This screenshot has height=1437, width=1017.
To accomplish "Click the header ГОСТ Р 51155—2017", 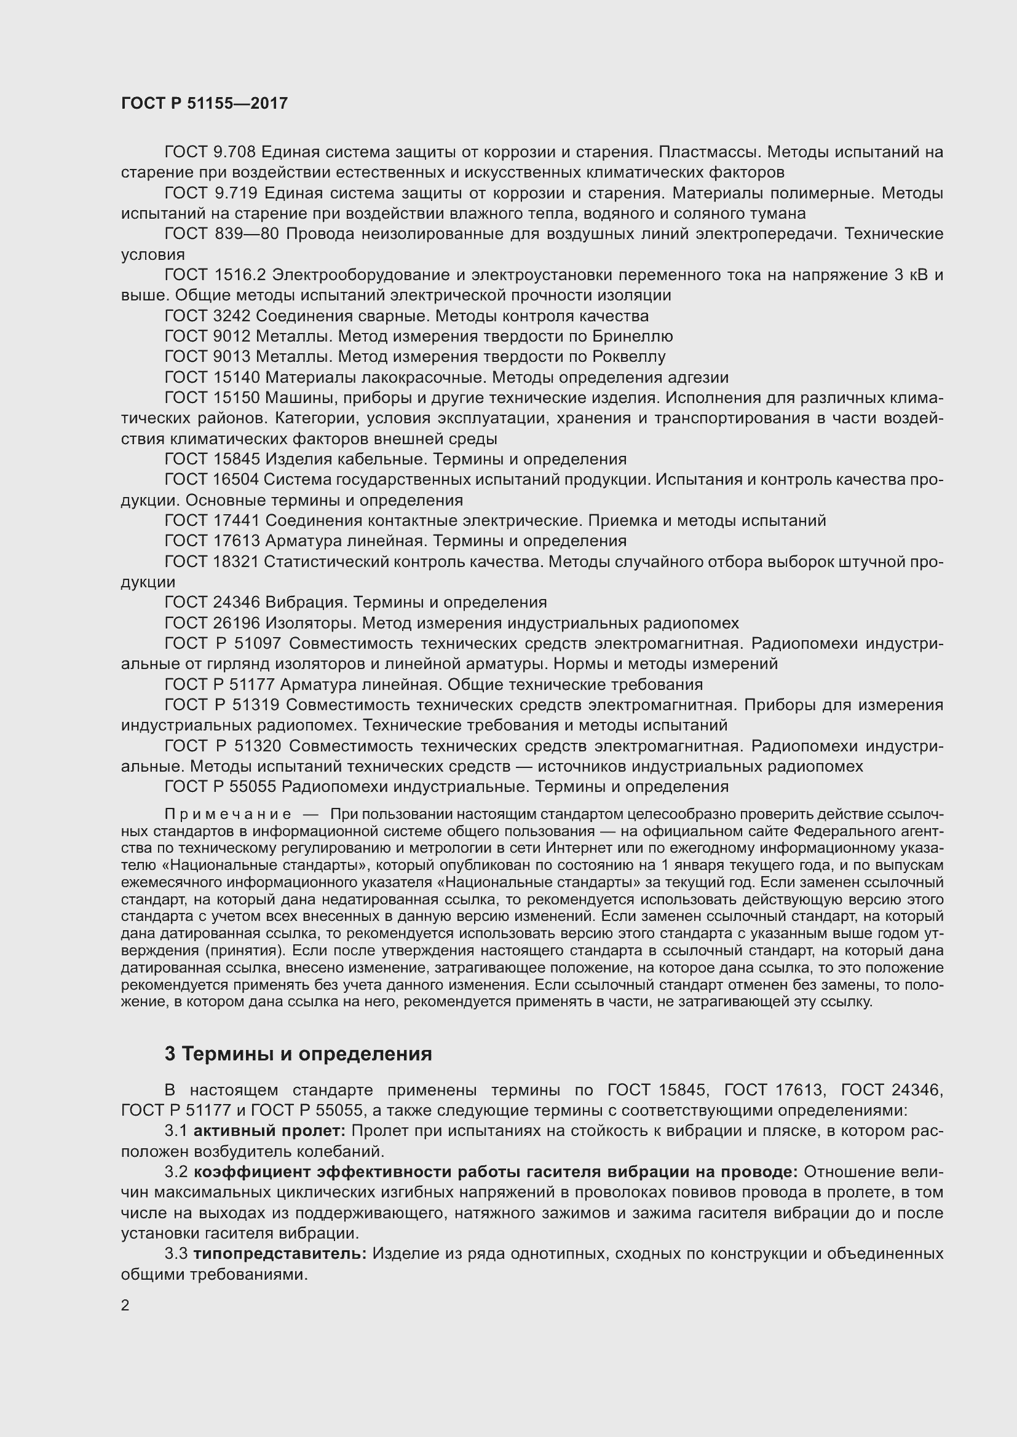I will click(x=204, y=103).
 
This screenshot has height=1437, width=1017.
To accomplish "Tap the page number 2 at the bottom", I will click(x=125, y=1306).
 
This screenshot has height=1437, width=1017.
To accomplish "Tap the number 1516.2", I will click(x=240, y=275).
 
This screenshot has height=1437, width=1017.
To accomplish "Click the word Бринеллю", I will click(x=633, y=337).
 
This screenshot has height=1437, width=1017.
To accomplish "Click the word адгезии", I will click(x=698, y=377).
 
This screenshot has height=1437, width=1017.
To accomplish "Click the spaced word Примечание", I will click(x=228, y=814).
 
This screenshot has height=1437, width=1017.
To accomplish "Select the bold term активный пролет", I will click(x=269, y=1131).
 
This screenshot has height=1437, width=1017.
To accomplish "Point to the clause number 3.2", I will click(x=176, y=1172).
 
